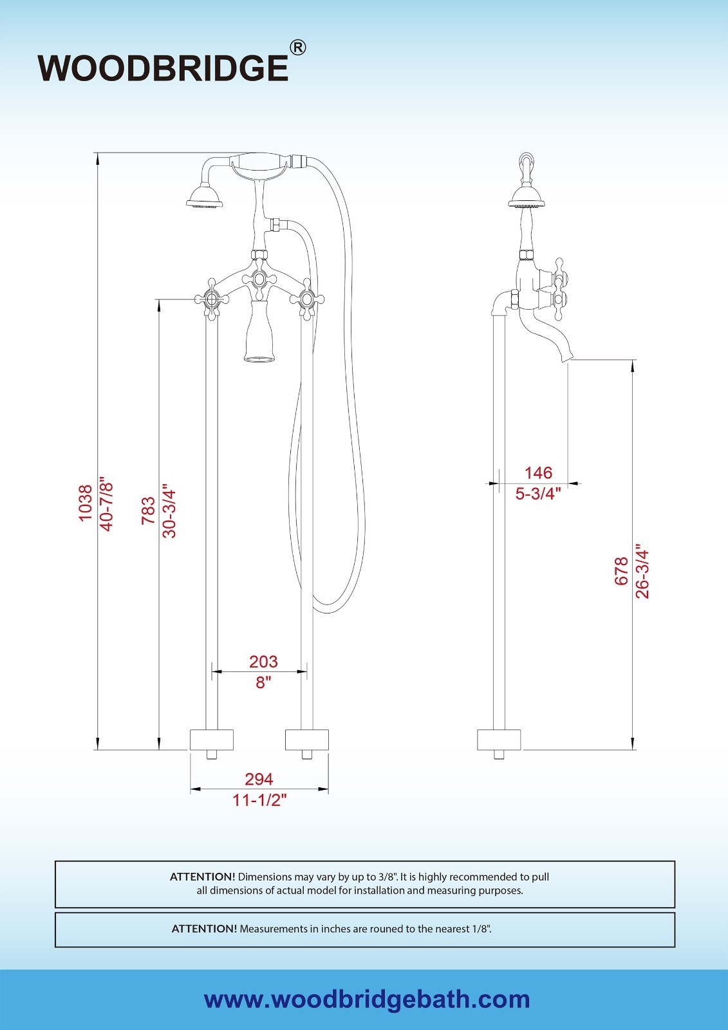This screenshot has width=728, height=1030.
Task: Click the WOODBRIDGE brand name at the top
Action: tap(163, 67)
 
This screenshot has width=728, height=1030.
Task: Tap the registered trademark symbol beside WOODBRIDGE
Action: tap(297, 48)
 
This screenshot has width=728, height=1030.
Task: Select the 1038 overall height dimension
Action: tap(86, 503)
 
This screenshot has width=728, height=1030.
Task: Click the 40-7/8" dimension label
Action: tap(106, 503)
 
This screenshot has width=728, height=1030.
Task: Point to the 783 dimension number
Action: tap(148, 510)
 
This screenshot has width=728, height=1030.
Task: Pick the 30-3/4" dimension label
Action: tap(169, 510)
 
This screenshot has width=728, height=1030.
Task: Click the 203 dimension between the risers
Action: tap(263, 661)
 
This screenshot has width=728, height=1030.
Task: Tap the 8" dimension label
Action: tap(263, 682)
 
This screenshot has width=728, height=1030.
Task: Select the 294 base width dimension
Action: tap(259, 779)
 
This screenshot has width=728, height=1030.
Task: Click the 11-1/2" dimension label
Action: tap(259, 800)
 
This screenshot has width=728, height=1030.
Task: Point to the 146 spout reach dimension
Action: tap(538, 473)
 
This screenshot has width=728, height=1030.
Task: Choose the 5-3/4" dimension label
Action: tap(538, 494)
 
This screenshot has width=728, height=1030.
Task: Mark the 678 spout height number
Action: tap(621, 571)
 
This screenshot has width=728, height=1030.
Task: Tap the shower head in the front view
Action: tap(205, 196)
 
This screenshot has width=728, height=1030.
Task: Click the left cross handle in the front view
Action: tap(210, 299)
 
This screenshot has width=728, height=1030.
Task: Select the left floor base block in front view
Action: tap(211, 740)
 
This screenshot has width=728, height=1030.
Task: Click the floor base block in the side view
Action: tap(498, 740)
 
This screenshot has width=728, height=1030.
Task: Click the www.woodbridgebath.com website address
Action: tap(367, 1000)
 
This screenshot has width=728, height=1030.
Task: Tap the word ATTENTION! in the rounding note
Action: tap(204, 928)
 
